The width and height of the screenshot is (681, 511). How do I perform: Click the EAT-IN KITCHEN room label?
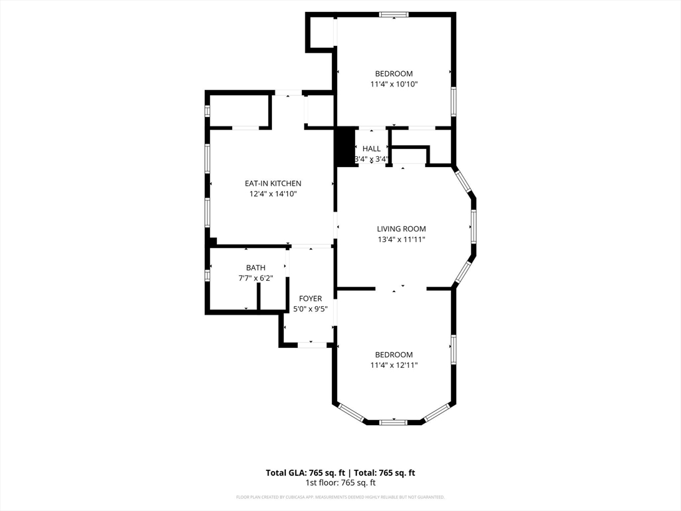point(273,184)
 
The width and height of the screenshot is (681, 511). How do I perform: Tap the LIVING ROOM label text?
point(401,229)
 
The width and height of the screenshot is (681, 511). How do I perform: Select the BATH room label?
point(255,267)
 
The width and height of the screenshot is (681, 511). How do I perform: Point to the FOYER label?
point(310,299)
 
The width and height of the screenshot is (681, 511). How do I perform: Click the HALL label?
point(372,149)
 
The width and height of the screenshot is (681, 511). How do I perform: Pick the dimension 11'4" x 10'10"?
point(394,85)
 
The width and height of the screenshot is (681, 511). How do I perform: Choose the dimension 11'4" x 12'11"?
point(394,365)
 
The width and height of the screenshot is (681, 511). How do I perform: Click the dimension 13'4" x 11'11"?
point(401,240)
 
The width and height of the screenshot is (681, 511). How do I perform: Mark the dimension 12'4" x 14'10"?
point(273,194)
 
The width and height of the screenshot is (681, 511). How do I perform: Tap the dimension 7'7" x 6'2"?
point(255,278)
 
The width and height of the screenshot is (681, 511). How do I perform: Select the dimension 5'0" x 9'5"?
point(310,309)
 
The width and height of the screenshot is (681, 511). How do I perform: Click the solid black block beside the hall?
point(344,146)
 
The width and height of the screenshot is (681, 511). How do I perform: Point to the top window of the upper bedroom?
point(394,14)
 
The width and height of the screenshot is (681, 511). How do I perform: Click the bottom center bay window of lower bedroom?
point(394,421)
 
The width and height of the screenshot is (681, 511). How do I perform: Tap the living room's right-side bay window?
point(474,228)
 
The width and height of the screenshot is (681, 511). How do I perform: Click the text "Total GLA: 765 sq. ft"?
point(306,473)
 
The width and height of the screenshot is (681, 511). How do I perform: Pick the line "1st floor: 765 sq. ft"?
point(340,482)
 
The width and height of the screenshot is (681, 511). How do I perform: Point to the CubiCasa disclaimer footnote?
point(340,497)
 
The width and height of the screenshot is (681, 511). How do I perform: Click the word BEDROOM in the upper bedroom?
point(394,74)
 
